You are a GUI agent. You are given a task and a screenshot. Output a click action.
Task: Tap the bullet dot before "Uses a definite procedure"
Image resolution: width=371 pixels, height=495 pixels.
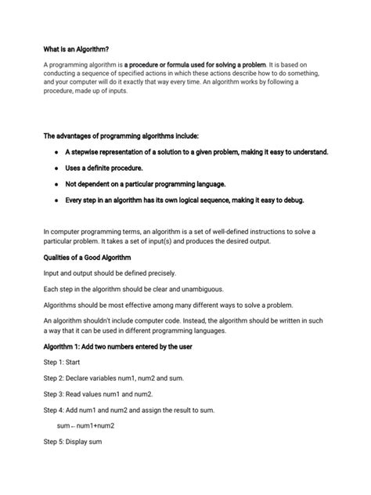pos(56,168)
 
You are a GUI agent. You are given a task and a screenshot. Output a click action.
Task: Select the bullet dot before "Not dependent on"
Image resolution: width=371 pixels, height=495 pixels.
pos(56,183)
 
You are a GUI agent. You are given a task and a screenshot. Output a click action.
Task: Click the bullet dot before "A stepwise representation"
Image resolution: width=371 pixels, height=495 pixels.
pos(56,151)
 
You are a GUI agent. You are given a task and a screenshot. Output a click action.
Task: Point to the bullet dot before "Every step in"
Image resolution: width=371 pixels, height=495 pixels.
pos(56,200)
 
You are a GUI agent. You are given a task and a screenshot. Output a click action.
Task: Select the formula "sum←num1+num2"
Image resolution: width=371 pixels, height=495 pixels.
pos(86,425)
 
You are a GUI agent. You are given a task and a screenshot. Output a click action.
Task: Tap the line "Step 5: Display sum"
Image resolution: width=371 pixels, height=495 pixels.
pos(73,442)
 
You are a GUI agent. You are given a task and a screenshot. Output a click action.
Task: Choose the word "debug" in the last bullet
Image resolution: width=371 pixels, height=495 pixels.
pos(290,200)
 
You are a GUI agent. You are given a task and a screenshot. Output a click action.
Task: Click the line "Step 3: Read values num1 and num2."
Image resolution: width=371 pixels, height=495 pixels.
pos(98,393)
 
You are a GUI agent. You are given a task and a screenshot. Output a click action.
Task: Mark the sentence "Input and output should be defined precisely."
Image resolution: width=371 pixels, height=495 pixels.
pos(110,273)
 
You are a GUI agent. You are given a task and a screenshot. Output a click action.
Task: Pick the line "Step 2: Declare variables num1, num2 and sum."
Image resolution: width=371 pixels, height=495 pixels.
pos(114,378)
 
